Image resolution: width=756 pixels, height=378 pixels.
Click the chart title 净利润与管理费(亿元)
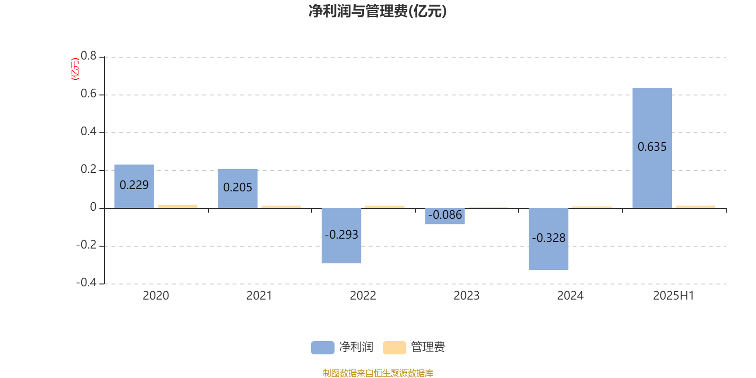378,11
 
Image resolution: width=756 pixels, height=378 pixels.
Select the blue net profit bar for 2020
134,186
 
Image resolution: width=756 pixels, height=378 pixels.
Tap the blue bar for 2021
238,189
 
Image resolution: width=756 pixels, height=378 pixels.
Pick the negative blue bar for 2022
341,236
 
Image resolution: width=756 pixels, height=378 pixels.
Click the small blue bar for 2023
445,216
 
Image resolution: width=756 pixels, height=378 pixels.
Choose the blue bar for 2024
549,239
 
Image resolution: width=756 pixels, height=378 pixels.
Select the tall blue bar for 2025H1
652,148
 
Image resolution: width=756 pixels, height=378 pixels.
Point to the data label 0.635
652,147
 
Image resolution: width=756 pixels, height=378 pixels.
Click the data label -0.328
549,238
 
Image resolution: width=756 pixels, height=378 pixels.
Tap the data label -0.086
445,215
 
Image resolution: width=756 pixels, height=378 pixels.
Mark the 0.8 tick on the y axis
88,56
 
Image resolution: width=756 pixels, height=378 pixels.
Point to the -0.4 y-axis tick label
86,283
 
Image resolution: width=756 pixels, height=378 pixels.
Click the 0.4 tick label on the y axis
88,131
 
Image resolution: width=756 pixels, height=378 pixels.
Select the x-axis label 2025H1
674,296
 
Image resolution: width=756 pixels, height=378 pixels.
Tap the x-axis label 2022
363,296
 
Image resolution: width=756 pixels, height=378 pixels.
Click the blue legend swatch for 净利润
323,348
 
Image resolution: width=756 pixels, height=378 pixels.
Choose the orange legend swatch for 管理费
394,348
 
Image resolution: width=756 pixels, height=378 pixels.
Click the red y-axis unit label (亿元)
75,69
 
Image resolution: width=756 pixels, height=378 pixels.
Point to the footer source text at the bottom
378,373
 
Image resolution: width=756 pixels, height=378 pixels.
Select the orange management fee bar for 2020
178,206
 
